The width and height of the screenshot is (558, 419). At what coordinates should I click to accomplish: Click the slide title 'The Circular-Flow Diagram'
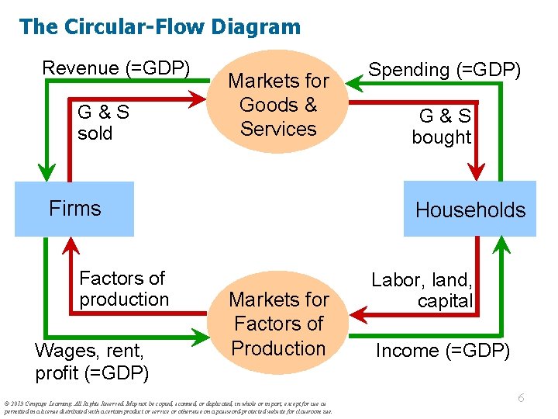(160, 27)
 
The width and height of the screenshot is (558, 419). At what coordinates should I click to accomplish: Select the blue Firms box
(74, 209)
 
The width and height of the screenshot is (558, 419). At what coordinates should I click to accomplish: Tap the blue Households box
(470, 209)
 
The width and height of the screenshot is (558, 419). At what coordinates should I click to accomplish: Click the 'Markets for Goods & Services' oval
(278, 105)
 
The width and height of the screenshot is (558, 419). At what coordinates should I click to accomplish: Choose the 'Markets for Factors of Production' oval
(278, 324)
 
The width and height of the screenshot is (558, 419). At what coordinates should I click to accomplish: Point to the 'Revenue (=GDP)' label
(115, 68)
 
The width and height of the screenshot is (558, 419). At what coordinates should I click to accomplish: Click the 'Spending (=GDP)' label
(444, 70)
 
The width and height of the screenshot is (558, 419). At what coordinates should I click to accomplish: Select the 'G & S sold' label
(102, 123)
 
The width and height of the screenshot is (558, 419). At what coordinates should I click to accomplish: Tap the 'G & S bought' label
(442, 126)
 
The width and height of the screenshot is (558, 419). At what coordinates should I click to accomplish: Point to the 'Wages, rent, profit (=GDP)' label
(92, 362)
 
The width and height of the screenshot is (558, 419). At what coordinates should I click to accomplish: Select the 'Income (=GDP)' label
(443, 351)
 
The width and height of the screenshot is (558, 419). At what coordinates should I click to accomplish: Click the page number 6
(521, 397)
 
